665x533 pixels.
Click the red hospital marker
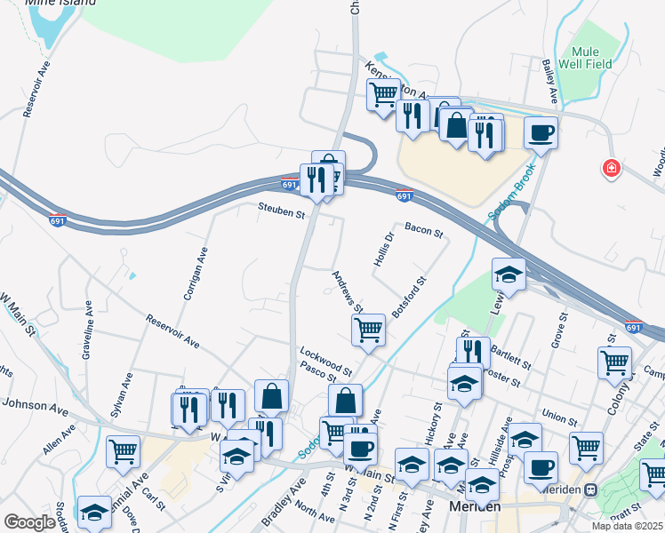[611, 167]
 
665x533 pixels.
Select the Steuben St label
[282, 211]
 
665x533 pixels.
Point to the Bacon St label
[423, 231]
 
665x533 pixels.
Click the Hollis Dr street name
[382, 250]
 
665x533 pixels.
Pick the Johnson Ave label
[35, 406]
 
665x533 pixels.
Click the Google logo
[29, 522]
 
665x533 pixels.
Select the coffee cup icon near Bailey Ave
[541, 134]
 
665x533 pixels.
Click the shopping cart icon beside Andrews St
[368, 330]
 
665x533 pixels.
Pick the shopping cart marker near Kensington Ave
[384, 94]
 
